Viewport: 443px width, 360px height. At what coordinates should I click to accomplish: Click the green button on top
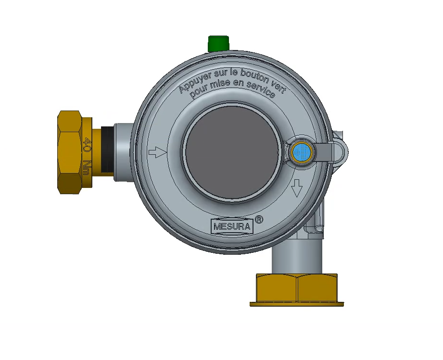coord(218,43)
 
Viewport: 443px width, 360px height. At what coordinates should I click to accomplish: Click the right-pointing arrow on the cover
coord(157,153)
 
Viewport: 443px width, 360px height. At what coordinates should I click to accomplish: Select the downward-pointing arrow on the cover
coord(297,188)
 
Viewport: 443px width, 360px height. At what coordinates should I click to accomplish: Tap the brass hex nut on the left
coord(71,152)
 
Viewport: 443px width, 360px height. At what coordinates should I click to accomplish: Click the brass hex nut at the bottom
coord(296,287)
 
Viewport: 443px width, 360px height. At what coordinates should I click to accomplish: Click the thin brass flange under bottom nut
coord(297,304)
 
